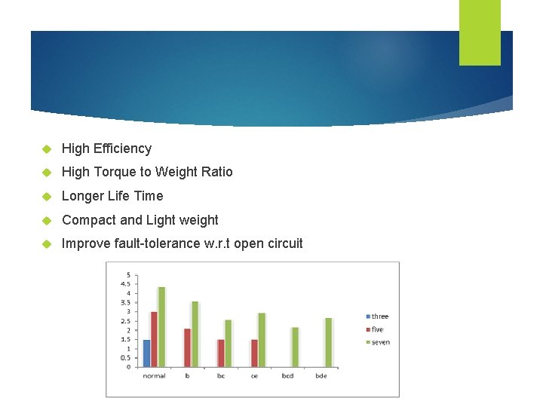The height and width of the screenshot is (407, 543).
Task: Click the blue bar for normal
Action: [x=146, y=353]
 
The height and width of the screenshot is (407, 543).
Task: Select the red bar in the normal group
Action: [x=154, y=339]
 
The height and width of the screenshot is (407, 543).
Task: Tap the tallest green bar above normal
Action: [x=161, y=327]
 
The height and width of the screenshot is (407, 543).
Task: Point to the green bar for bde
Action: [x=328, y=342]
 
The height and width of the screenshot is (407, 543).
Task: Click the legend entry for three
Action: [x=379, y=317]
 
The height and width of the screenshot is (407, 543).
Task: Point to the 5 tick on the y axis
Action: [x=128, y=274]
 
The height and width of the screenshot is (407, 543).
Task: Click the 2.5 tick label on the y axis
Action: [x=125, y=321]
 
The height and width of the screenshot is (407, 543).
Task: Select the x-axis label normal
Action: [x=154, y=376]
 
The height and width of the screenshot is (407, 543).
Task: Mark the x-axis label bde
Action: [x=321, y=376]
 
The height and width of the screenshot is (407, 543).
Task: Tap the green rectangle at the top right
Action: [x=480, y=32]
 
